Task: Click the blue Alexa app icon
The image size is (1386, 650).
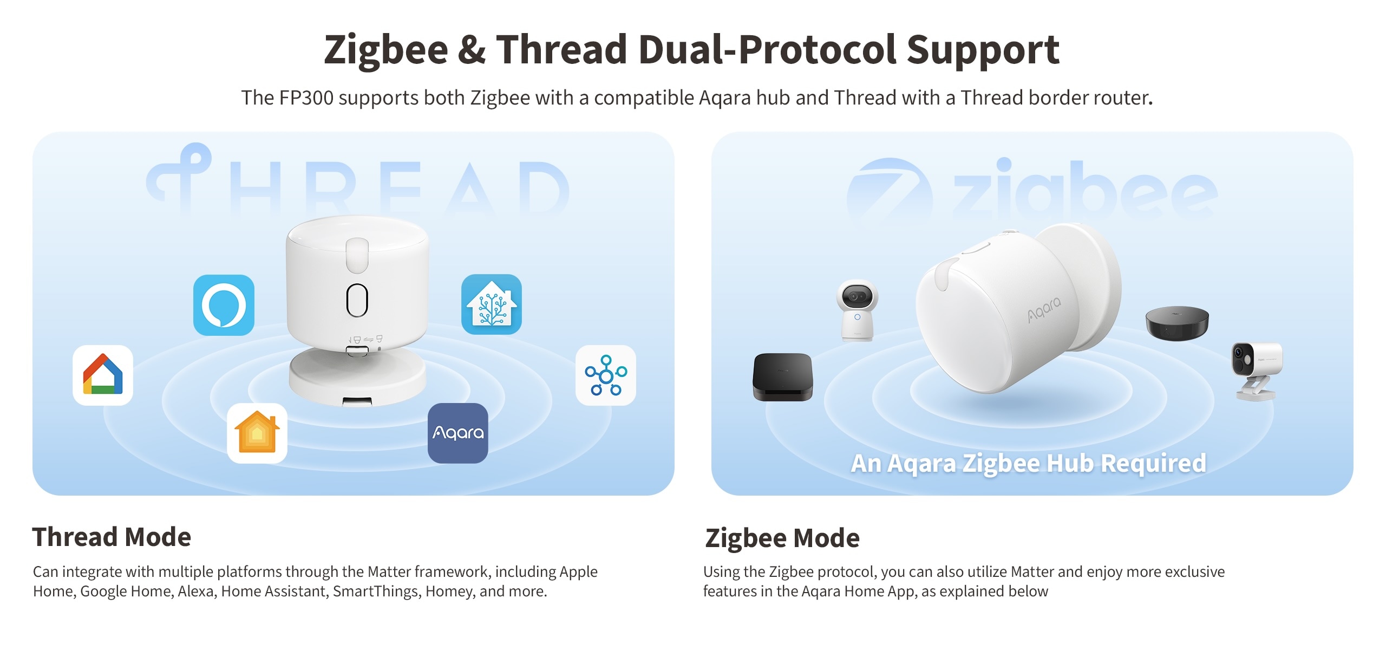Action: pos(224,305)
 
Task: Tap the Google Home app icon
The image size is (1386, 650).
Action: pos(103,375)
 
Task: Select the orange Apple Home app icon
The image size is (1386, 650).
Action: pos(257,433)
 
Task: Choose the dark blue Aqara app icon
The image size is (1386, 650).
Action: pos(458,433)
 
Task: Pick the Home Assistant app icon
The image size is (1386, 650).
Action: pos(492,304)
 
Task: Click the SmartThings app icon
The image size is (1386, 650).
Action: pos(606,375)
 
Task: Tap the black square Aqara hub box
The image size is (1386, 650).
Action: pos(783,377)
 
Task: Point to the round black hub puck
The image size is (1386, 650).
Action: pos(1177,323)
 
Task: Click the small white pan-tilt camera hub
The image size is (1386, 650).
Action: pos(857,310)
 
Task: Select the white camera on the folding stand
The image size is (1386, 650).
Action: pos(1257,370)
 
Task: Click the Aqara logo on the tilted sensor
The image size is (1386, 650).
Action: pos(1044,310)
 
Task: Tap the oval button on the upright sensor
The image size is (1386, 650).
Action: pos(357,300)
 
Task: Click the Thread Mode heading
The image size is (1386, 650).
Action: pos(112,537)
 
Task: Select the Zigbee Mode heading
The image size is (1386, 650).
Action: pos(782,538)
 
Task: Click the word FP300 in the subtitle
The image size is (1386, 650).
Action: pos(306,98)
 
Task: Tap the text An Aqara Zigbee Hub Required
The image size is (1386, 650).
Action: pos(1029,464)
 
